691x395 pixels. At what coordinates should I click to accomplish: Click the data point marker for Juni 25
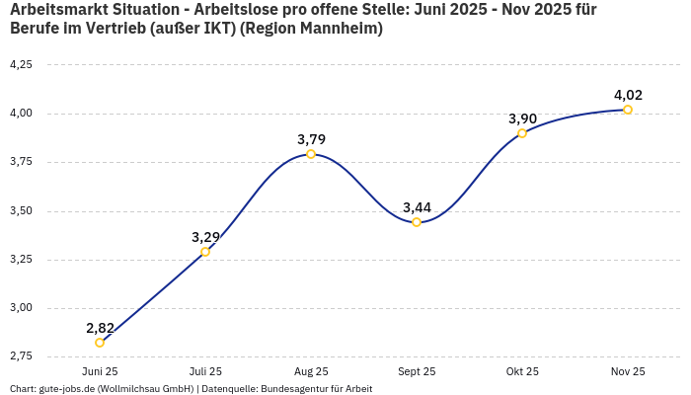[x=100, y=343]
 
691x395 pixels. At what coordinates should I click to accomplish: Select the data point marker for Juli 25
[x=205, y=252]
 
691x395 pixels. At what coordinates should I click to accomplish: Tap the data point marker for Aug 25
[x=311, y=154]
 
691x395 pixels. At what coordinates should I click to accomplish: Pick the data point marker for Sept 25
[x=417, y=222]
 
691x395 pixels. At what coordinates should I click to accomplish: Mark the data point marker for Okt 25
[x=522, y=133]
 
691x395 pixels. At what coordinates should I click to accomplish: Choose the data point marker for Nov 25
[x=628, y=110]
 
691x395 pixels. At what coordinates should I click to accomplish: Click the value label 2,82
[x=101, y=328]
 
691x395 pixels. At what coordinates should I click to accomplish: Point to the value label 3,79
[x=311, y=139]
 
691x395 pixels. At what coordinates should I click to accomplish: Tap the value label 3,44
[x=417, y=207]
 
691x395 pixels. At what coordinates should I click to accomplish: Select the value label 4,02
[x=628, y=95]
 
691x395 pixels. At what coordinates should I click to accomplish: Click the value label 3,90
[x=522, y=118]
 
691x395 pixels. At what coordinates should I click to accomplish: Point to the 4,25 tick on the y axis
[x=21, y=64]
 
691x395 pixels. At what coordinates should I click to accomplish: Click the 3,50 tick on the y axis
[x=21, y=210]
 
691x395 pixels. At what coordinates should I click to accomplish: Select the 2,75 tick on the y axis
[x=21, y=355]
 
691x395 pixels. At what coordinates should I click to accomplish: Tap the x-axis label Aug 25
[x=311, y=371]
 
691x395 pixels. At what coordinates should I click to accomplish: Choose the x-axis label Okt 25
[x=522, y=371]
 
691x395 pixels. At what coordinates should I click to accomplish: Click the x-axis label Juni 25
[x=100, y=371]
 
